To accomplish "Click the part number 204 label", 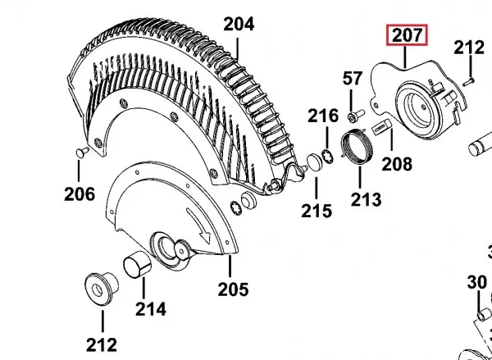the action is pos(239,24).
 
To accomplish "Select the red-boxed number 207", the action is pos(407,34).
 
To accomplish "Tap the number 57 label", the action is pos(353,79).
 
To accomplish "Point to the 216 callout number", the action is pos(323,116).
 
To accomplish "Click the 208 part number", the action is pos(397,164).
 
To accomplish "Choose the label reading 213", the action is pos(366,199).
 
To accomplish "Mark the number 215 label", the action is pos(317,211).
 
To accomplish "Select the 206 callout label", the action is pos(80,194).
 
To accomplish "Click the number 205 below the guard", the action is pos(233,289).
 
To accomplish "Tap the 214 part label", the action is pos(151,309).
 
